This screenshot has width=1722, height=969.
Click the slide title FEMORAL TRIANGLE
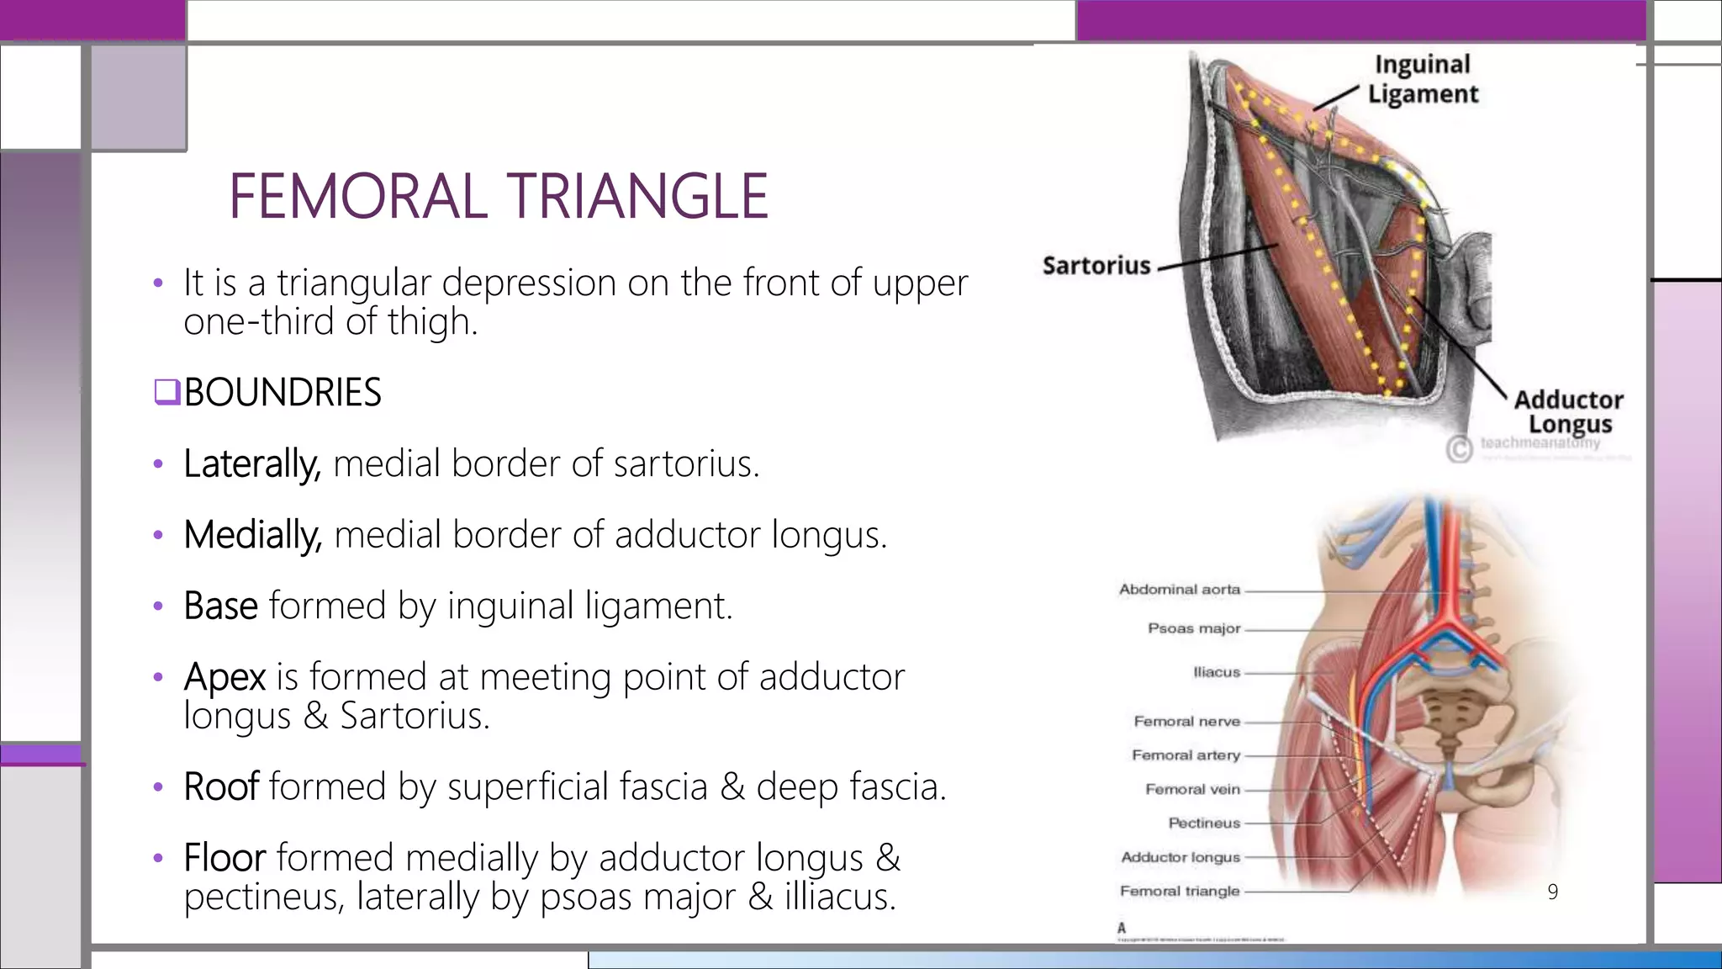[498, 196]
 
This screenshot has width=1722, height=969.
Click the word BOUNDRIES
[283, 393]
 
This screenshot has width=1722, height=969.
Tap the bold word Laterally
[251, 463]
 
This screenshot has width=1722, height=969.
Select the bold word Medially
[252, 535]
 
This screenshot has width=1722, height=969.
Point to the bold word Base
[220, 606]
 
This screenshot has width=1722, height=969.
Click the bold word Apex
[224, 677]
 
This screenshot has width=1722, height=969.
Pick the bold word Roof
[221, 786]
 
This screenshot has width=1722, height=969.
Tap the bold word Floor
[224, 858]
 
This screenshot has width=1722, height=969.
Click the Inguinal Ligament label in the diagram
[1423, 79]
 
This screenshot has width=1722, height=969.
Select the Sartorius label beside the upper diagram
[1096, 266]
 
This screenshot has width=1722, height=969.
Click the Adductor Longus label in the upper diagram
[1568, 411]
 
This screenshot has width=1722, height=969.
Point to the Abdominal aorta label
[1179, 590]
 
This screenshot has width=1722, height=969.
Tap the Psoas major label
[1194, 628]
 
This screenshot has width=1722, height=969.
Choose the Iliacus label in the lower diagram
[1217, 672]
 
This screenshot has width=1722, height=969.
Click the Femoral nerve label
[1186, 721]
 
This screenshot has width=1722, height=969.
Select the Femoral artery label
[1186, 755]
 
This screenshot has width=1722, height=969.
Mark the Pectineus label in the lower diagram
[1204, 823]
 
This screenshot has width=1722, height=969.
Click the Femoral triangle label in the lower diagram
[1180, 891]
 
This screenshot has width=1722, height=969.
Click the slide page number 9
[1552, 892]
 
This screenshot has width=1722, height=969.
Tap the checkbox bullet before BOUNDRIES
[166, 392]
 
